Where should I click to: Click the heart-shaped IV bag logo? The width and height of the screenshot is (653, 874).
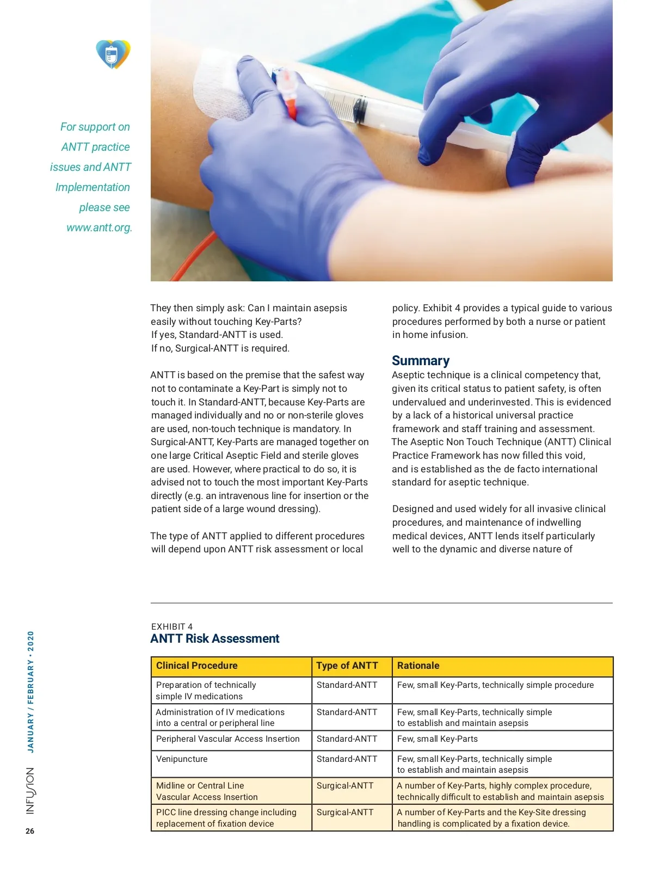pyautogui.click(x=113, y=54)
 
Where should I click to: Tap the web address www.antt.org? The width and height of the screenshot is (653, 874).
pyautogui.click(x=99, y=227)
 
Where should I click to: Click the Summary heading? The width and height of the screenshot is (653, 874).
pyautogui.click(x=421, y=361)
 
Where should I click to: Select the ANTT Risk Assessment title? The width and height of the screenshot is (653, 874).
pyautogui.click(x=214, y=638)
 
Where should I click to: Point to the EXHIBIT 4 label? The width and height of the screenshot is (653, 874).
pyautogui.click(x=172, y=626)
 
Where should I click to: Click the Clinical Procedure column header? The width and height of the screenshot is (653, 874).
pyautogui.click(x=197, y=666)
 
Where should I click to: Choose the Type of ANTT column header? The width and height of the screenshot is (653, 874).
pyautogui.click(x=347, y=666)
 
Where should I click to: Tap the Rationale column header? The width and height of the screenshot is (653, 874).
pyautogui.click(x=418, y=666)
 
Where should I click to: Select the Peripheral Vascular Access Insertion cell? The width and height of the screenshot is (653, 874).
pyautogui.click(x=227, y=739)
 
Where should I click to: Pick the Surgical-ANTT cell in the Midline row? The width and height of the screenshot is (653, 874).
pyautogui.click(x=345, y=786)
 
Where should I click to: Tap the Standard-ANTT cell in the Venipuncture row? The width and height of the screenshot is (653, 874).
pyautogui.click(x=347, y=759)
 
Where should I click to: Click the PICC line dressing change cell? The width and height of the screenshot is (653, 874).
pyautogui.click(x=226, y=818)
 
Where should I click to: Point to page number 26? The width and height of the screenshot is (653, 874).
pyautogui.click(x=30, y=831)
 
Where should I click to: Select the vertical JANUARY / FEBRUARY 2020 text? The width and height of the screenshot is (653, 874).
pyautogui.click(x=30, y=692)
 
